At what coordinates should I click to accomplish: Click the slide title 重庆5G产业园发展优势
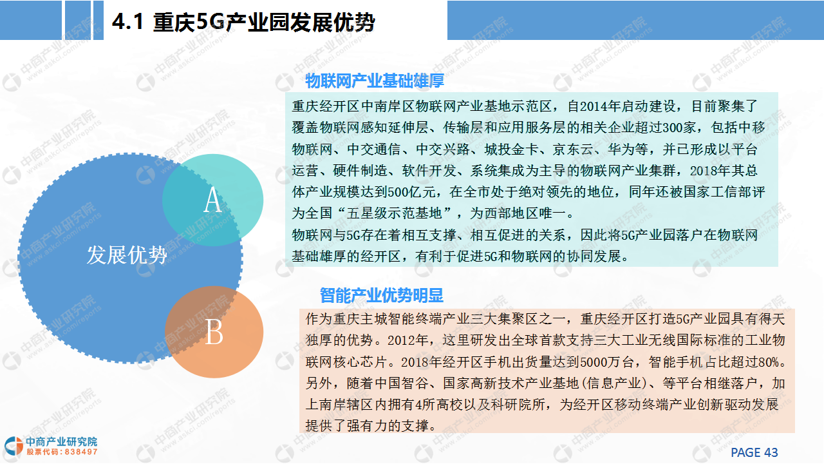[x=264, y=22]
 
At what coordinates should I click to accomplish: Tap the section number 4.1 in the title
[x=127, y=22]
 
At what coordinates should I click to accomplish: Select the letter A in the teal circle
[x=212, y=200]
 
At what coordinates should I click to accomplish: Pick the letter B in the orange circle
[x=214, y=331]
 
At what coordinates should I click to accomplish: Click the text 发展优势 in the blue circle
[x=127, y=255]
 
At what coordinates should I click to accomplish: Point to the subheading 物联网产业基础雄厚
[x=375, y=81]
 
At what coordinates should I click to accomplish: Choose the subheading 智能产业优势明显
[x=382, y=295]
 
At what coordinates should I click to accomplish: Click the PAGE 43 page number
[x=754, y=452]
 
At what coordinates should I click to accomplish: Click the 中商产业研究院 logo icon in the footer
[x=14, y=446]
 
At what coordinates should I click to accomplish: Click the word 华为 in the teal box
[x=621, y=149]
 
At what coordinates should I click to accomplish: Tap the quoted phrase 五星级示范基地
[x=394, y=213]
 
